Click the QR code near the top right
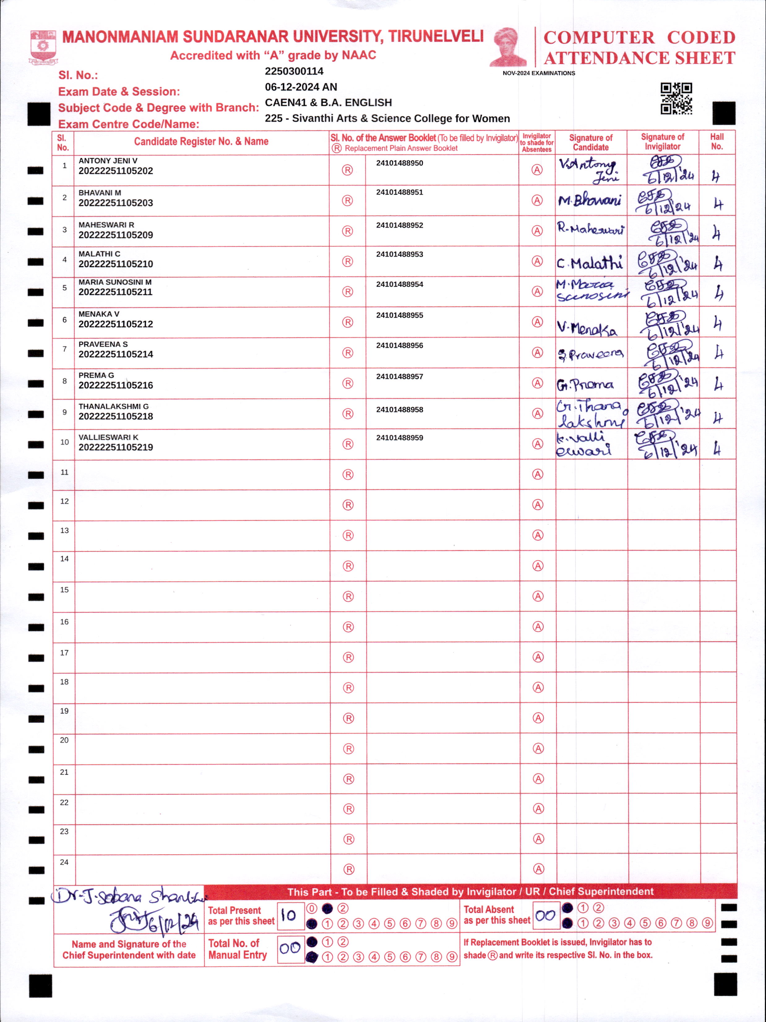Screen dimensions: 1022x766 coord(676,98)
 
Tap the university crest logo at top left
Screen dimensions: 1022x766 coord(43,47)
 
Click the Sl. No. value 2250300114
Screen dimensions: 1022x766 coord(294,71)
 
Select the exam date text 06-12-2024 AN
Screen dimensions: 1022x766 coord(301,87)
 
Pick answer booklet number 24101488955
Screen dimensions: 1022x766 coord(399,315)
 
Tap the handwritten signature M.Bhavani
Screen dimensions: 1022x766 coord(590,201)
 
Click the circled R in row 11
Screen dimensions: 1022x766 coord(348,474)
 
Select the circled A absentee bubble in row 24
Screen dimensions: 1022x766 coord(538,869)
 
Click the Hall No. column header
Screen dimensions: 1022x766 coord(717,141)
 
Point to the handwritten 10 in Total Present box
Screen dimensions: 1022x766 coord(289,915)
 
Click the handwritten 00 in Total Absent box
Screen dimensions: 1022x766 coord(545,915)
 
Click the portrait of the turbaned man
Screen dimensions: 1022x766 coord(508,47)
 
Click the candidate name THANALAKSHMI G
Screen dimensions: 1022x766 coord(113,406)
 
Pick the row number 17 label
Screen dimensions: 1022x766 coord(64,653)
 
